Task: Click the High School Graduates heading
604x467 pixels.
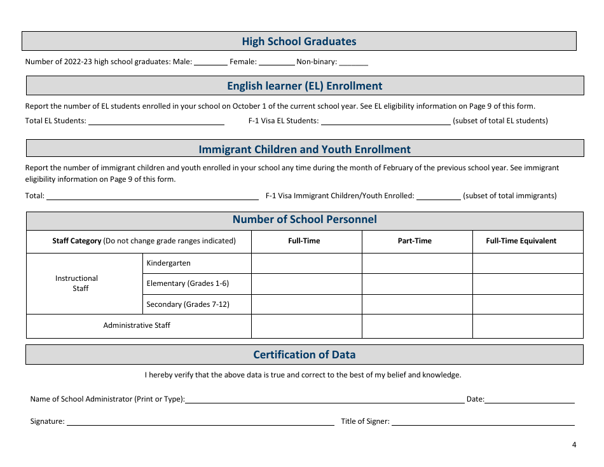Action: [299, 41]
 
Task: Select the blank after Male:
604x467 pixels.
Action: [210, 62]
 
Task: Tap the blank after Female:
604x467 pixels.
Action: [277, 62]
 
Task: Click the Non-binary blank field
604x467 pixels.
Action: [353, 62]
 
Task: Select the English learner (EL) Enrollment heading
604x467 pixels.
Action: [305, 86]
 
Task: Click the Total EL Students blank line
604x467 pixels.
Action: [156, 121]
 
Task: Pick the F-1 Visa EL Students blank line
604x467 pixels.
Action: [385, 121]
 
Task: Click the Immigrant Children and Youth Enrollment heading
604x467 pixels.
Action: [305, 149]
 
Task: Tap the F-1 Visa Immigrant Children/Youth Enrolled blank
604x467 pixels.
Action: [438, 196]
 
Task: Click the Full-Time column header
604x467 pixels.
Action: [304, 241]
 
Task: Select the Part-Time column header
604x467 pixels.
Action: [415, 241]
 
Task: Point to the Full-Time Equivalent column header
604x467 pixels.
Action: [521, 241]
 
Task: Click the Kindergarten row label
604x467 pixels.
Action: [168, 263]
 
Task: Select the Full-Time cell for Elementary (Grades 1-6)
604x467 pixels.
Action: [306, 283]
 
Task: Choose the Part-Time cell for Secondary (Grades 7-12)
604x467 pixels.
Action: [417, 304]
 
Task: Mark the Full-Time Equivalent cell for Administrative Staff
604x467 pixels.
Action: [528, 326]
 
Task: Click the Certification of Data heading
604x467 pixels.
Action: [305, 355]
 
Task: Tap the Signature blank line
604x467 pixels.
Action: [200, 421]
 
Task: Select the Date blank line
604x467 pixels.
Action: [530, 399]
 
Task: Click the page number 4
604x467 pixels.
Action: [574, 445]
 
